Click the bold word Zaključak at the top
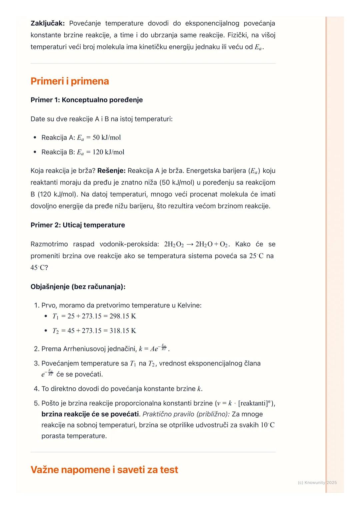point(48,23)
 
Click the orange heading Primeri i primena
point(70,81)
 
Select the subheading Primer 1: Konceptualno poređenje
point(86,100)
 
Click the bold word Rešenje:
point(111,171)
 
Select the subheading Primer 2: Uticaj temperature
point(78,225)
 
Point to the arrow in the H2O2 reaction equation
point(190,245)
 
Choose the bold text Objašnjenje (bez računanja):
point(78,287)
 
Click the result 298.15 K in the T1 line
point(123,316)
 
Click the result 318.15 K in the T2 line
point(123,331)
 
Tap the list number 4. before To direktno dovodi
point(37,389)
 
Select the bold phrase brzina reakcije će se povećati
point(90,414)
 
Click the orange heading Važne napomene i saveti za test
point(104,470)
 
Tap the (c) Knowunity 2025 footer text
point(317,483)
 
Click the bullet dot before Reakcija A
point(35,138)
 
